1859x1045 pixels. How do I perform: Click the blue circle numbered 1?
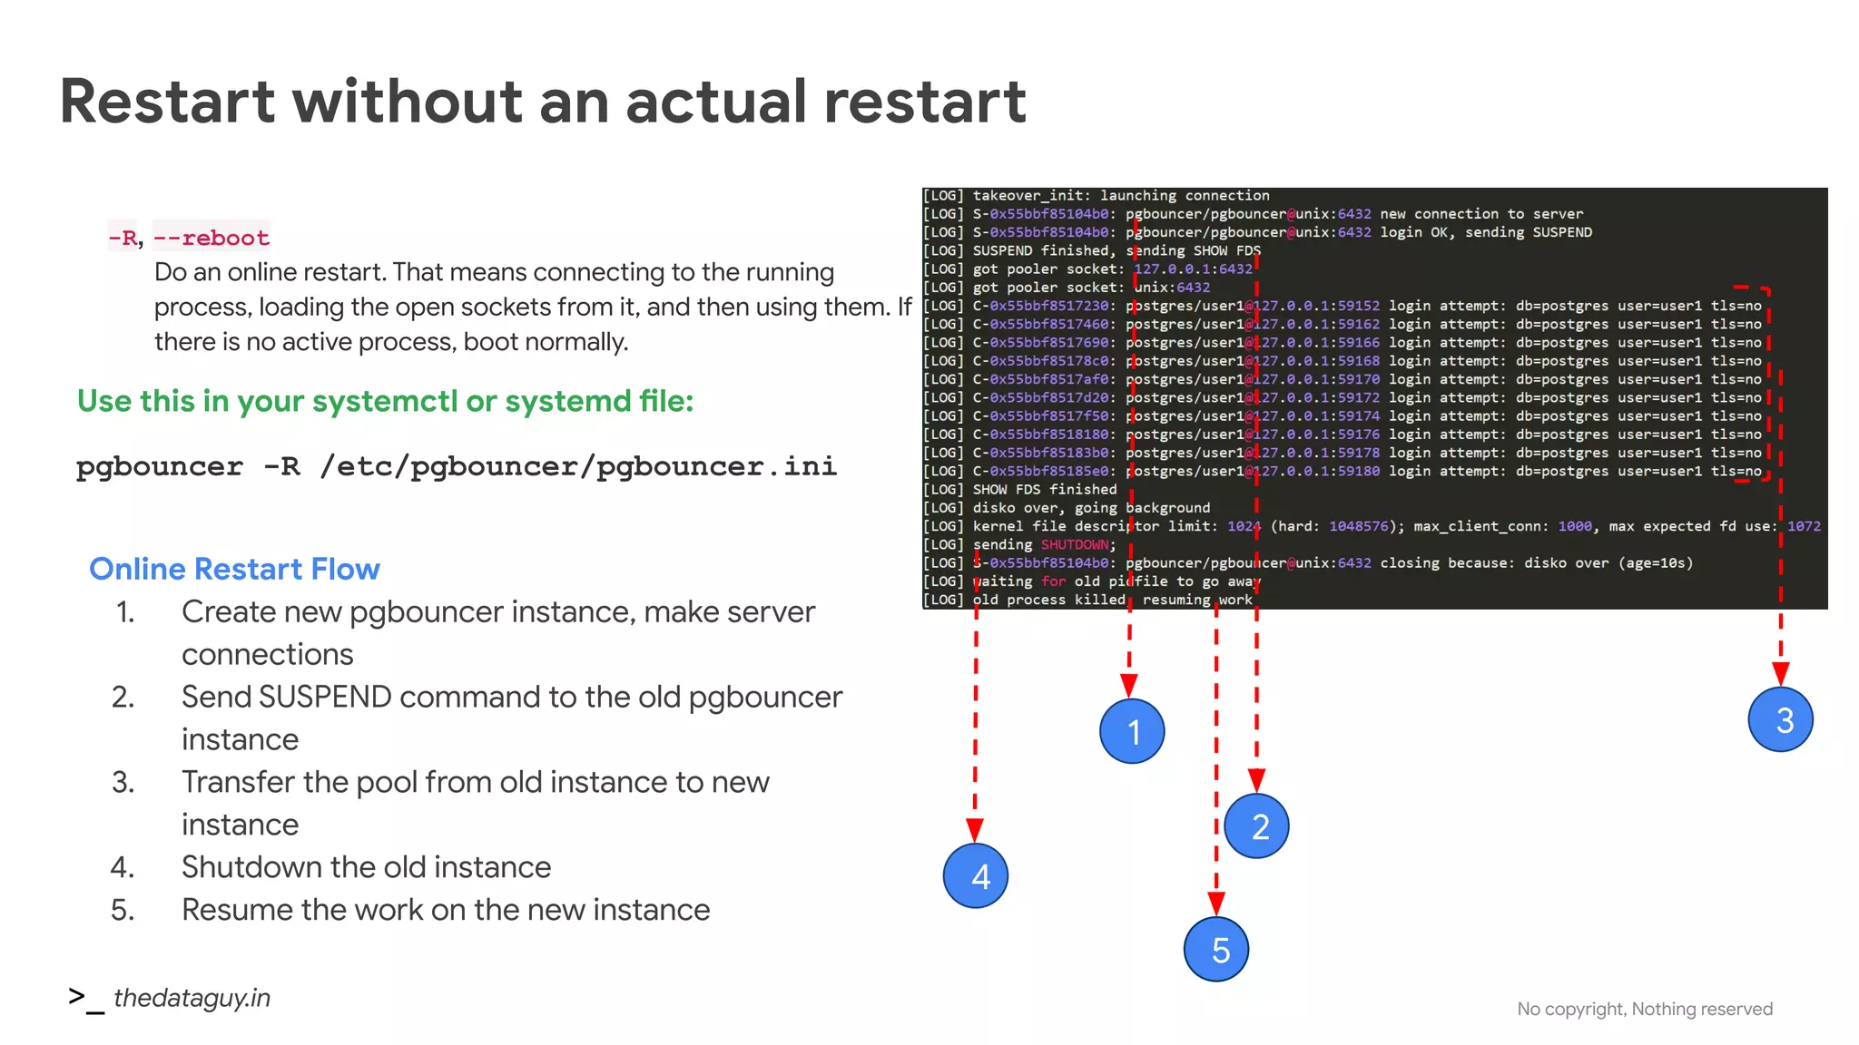[x=1132, y=731]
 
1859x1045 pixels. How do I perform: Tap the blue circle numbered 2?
[x=1256, y=825]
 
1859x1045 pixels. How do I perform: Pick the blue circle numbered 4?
[x=976, y=875]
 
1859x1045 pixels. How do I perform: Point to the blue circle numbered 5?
[x=1216, y=949]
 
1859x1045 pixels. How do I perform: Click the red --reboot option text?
[x=211, y=238]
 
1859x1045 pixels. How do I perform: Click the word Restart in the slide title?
[x=167, y=101]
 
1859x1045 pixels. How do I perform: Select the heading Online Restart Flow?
[x=234, y=569]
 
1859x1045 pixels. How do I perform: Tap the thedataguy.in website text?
[x=192, y=998]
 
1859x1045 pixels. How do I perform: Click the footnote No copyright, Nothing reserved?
[x=1644, y=1009]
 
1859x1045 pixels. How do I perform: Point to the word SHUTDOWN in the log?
[x=1075, y=544]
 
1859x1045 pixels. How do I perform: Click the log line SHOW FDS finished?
[x=1045, y=490]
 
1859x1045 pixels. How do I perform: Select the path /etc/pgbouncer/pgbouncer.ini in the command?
[x=578, y=466]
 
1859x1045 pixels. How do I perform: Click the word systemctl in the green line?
[x=383, y=401]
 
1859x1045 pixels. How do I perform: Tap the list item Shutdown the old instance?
[x=366, y=867]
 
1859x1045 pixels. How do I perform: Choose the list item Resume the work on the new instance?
[x=446, y=910]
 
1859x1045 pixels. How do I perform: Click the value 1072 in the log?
[x=1804, y=526]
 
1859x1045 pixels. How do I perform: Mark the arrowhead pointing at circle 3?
[x=1780, y=673]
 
